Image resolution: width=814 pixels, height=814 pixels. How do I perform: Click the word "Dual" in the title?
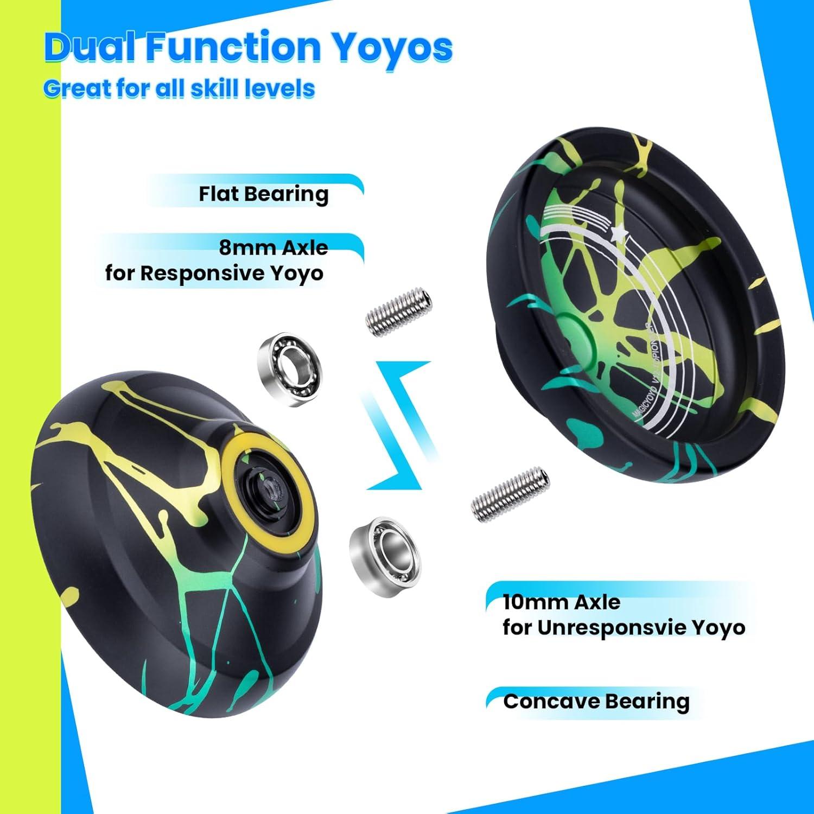[91, 47]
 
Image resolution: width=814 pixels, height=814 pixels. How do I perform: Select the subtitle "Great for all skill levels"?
[179, 88]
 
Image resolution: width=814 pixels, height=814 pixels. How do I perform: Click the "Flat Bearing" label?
[263, 194]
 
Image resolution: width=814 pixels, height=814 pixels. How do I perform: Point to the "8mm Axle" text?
[274, 248]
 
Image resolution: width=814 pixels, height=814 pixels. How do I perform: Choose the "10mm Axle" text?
[561, 602]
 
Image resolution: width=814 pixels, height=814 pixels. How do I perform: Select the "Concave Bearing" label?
[596, 701]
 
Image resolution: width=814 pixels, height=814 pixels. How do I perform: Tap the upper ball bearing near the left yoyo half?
[288, 362]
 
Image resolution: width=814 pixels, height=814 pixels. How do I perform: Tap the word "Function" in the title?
[233, 47]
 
